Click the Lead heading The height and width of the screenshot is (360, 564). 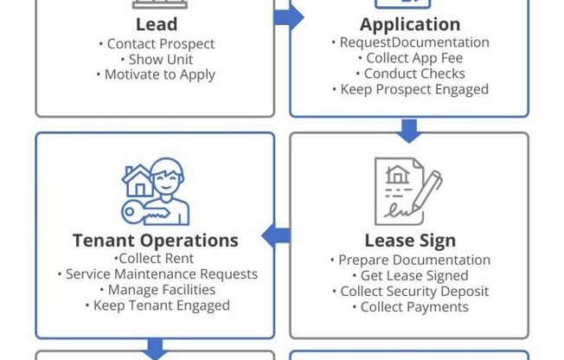156,23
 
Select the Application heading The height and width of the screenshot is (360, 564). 410,23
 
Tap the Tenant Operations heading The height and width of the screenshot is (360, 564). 156,240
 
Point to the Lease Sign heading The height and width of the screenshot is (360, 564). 410,241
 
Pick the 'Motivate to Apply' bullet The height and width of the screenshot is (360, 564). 156,74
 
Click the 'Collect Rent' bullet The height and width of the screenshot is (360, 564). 155,259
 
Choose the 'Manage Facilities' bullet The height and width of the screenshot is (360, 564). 156,290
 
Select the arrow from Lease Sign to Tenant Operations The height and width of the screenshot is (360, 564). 276,235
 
